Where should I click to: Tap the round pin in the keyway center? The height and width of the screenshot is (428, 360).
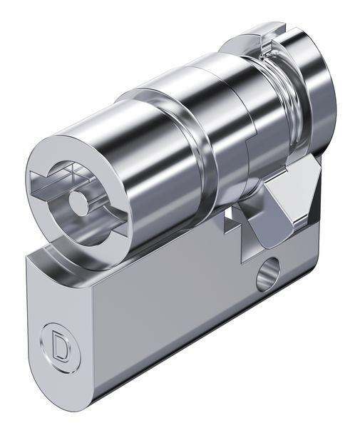pos(78,201)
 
